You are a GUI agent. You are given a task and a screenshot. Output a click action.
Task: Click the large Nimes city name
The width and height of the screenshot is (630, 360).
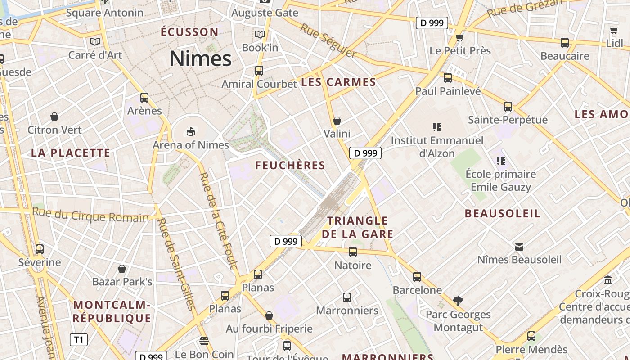(x=200, y=58)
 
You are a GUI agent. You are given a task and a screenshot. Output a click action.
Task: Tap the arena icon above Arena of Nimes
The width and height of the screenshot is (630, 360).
(x=191, y=131)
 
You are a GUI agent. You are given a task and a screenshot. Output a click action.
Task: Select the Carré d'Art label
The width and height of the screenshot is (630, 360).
(x=95, y=55)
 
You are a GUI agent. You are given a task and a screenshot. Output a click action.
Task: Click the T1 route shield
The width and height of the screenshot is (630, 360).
(x=78, y=339)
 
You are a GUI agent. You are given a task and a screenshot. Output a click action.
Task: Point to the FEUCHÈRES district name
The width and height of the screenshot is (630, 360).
(x=290, y=165)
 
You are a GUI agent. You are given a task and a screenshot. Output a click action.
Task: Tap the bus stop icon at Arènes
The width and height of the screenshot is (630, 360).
(x=144, y=98)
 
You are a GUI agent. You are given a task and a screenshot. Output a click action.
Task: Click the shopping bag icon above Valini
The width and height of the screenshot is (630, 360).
(x=337, y=121)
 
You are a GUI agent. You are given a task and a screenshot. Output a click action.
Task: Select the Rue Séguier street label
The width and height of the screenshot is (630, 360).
(x=328, y=41)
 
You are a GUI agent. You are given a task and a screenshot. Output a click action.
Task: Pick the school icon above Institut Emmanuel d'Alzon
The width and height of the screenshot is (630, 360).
(x=436, y=127)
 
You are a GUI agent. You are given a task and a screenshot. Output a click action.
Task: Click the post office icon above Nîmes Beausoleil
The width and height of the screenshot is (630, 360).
(x=519, y=247)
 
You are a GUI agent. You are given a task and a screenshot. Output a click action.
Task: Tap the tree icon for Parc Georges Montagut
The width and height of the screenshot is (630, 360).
(x=458, y=301)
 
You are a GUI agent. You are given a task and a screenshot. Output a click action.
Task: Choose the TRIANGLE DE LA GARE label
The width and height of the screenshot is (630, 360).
(x=357, y=227)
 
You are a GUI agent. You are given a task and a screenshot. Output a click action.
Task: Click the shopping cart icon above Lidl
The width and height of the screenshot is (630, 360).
(x=614, y=30)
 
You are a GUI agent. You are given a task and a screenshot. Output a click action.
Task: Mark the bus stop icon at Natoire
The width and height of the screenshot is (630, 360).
(x=353, y=252)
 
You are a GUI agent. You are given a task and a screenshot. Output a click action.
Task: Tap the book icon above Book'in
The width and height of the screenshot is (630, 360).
(x=260, y=34)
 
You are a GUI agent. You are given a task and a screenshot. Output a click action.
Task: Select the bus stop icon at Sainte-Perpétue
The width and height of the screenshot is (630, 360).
(x=508, y=107)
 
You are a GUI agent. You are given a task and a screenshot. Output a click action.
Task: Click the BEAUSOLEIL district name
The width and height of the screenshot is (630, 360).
(x=502, y=213)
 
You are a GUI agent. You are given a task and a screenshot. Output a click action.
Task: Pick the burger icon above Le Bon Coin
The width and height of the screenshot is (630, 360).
(x=204, y=341)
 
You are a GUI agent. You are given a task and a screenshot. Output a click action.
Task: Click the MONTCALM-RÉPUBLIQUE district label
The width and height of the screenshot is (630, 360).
(x=112, y=311)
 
